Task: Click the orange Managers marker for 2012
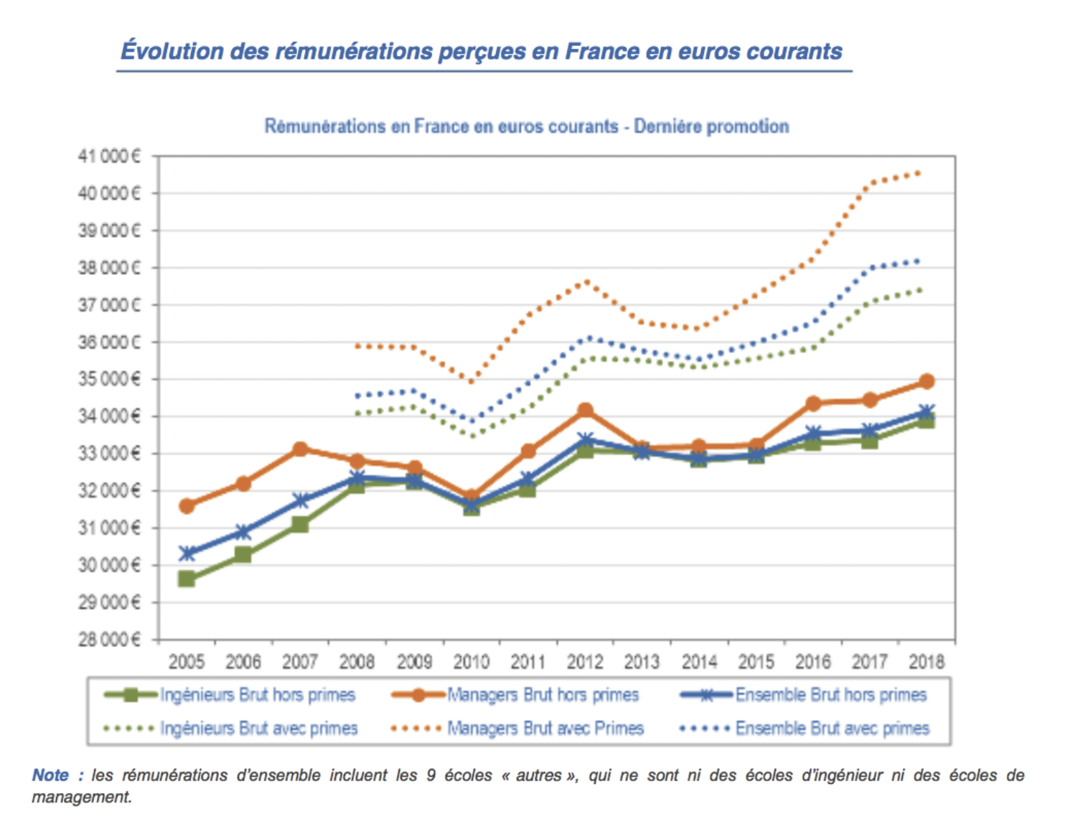coord(586,411)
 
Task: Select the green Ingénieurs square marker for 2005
coord(187,579)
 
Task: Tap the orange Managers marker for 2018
coord(927,381)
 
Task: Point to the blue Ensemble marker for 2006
coord(243,533)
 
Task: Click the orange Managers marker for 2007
coord(300,449)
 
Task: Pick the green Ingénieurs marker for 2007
coord(300,525)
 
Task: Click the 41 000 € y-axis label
coord(109,156)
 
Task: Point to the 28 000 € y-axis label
coord(109,640)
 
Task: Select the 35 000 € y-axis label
coord(109,379)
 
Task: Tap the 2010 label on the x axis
coord(471,661)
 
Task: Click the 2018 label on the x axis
coord(926,661)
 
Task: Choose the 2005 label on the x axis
coord(187,661)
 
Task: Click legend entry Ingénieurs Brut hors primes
coord(258,695)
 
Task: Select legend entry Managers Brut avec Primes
coord(545,729)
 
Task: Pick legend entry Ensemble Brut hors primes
coord(831,695)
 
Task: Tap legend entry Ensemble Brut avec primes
coord(832,729)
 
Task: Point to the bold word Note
coord(50,775)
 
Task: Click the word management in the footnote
coord(81,797)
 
